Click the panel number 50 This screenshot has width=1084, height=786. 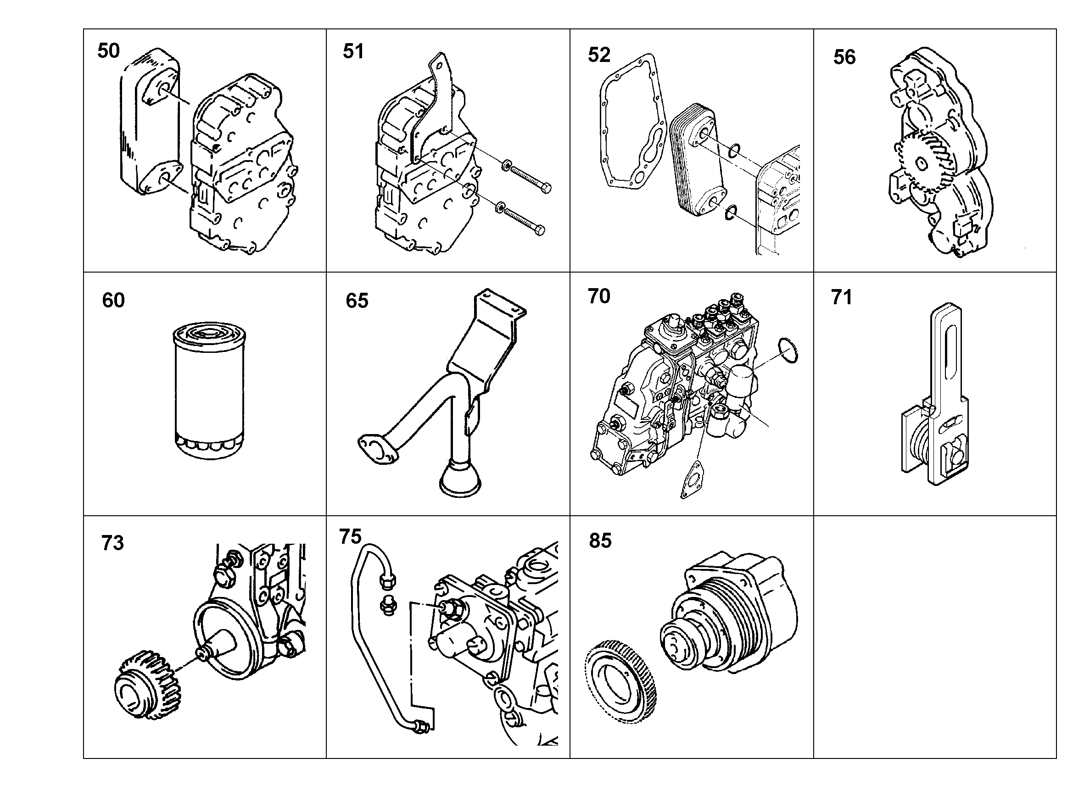[x=108, y=50]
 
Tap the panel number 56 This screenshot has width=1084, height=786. [x=844, y=57]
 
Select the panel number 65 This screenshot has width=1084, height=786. [x=357, y=301]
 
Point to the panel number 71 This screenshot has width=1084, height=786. [x=842, y=297]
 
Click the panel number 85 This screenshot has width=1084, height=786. [x=600, y=541]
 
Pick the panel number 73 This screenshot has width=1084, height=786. [x=113, y=543]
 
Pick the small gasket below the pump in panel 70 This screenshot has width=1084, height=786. [x=692, y=479]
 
